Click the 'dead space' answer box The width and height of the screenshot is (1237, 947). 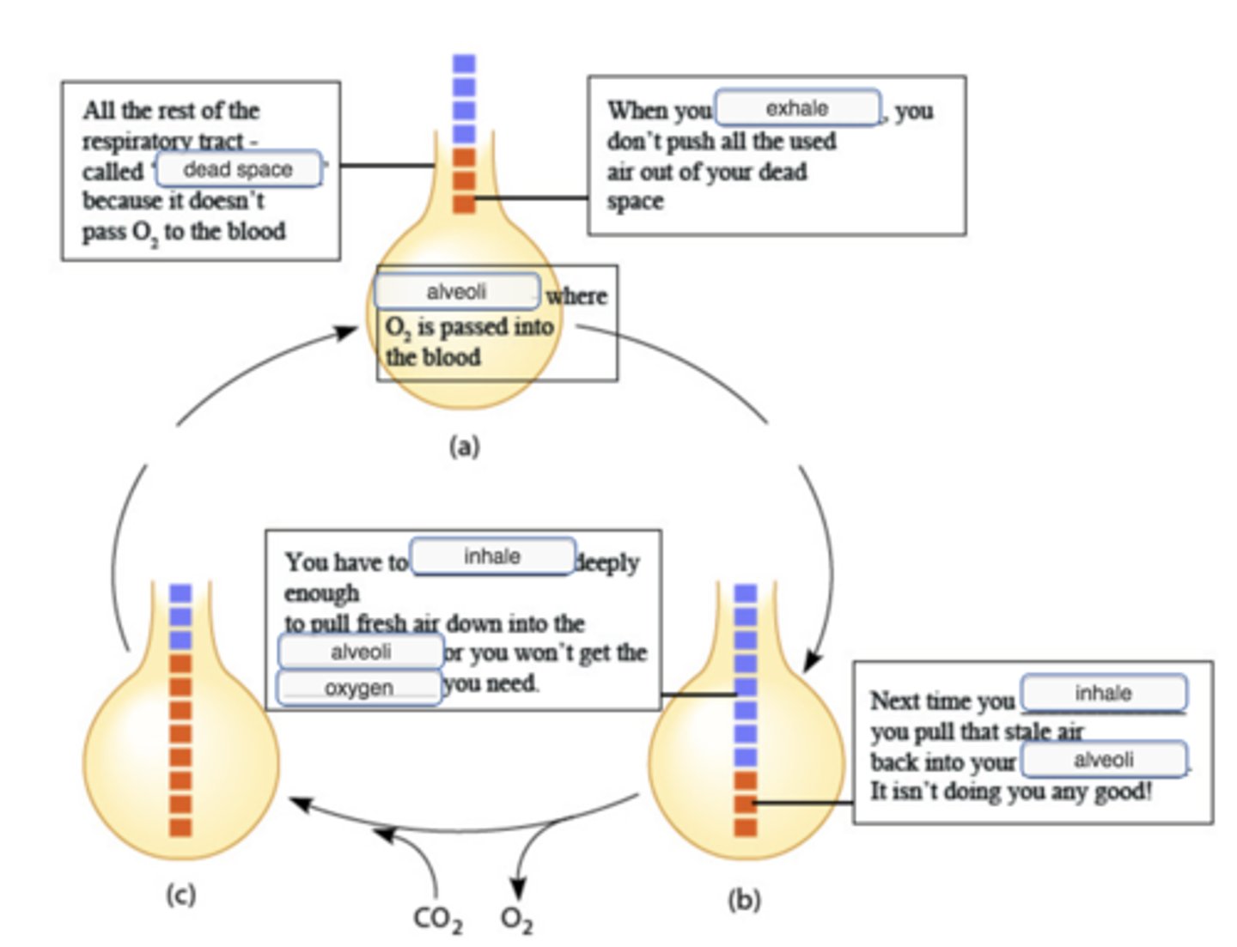click(x=238, y=169)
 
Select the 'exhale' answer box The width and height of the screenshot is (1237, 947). click(x=797, y=108)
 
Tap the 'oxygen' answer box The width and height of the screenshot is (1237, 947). click(x=359, y=688)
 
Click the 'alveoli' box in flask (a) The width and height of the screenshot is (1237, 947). click(x=456, y=292)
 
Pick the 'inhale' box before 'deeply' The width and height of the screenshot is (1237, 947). click(x=492, y=556)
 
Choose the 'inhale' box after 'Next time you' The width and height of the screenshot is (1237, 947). click(x=1103, y=693)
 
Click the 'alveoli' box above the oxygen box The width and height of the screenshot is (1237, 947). click(x=361, y=652)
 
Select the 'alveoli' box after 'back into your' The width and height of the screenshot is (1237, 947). click(x=1103, y=760)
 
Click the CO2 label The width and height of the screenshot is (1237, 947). click(x=437, y=919)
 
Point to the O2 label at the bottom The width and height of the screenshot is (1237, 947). click(x=516, y=920)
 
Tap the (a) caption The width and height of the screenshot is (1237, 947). click(x=464, y=446)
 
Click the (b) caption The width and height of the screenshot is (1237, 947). click(x=744, y=900)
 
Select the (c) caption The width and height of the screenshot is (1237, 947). click(x=180, y=895)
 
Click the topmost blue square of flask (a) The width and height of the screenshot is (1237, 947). click(x=464, y=64)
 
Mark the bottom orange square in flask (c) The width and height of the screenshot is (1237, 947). click(x=180, y=828)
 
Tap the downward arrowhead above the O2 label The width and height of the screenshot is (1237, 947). click(x=517, y=889)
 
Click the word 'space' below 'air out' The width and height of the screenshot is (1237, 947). click(x=635, y=202)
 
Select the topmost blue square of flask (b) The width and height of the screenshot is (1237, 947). click(x=746, y=592)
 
